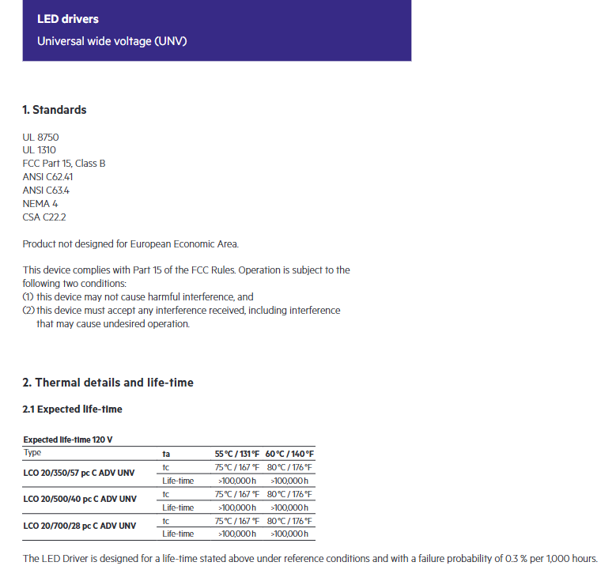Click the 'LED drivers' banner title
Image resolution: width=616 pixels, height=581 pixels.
[x=68, y=19]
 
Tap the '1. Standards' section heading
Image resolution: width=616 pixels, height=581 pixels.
[x=55, y=110]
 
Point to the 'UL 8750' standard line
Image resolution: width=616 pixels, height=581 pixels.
[x=41, y=137]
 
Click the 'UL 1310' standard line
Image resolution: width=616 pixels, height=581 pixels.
[x=40, y=150]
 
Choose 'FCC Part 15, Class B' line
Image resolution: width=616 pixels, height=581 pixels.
[x=64, y=164]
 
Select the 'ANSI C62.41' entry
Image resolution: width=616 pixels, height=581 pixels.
[x=48, y=177]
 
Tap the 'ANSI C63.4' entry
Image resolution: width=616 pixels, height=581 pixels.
[x=46, y=191]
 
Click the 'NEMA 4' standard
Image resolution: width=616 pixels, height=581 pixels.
[x=40, y=204]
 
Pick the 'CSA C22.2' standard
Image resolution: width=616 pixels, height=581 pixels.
[x=44, y=217]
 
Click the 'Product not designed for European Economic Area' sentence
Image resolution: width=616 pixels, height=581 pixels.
[x=130, y=244]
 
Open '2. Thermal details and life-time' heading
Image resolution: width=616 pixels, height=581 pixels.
[x=108, y=383]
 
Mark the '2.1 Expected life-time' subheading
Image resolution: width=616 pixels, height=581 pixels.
[x=72, y=409]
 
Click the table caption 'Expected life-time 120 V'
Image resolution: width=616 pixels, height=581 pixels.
[x=73, y=440]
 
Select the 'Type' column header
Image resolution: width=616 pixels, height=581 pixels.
[x=32, y=453]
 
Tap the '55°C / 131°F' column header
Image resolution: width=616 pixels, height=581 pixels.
[x=237, y=454]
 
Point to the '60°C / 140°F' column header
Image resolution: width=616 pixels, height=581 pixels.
[x=290, y=454]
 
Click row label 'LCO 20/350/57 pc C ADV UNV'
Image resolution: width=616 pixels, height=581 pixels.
[x=79, y=473]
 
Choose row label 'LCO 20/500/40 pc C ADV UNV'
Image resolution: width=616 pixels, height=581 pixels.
[x=80, y=500]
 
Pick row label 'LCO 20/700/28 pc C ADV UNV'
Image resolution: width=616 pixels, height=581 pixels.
[x=79, y=526]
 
